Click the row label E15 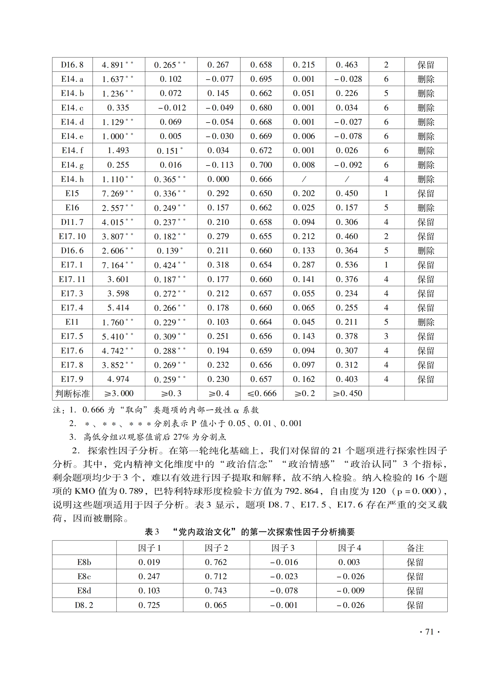72,193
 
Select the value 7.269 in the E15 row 113,193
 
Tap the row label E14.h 72,179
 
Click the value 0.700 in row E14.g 261,165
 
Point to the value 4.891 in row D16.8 113,65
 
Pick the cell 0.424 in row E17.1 165,265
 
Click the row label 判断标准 72,394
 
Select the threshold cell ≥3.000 119,394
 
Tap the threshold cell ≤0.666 262,394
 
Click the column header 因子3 283,548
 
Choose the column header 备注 415,548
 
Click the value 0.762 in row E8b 216,562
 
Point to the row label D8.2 84,605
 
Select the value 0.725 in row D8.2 149,605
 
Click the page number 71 430,632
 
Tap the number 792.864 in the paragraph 302,491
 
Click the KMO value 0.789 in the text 131,491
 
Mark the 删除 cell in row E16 426,208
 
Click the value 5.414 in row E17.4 118,308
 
